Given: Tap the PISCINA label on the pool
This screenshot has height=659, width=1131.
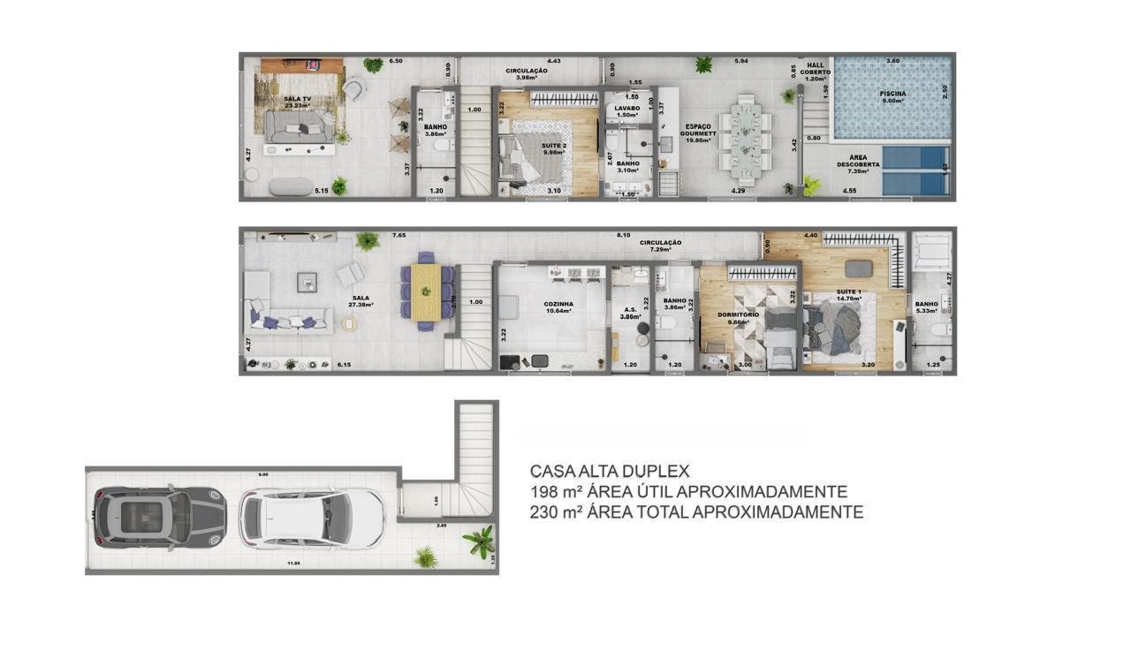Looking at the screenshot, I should click(892, 94).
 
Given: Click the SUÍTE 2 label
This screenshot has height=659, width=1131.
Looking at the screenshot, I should click(554, 147).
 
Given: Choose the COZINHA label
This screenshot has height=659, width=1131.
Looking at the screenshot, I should click(558, 307).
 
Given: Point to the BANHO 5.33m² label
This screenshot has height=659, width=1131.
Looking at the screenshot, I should click(926, 307).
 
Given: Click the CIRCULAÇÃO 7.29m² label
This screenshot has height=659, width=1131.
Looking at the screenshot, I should click(661, 246).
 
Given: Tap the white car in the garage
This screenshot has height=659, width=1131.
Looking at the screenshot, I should click(312, 519).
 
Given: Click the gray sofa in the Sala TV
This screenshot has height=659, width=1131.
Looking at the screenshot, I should click(300, 133).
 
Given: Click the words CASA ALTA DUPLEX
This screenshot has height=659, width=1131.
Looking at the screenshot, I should click(609, 472).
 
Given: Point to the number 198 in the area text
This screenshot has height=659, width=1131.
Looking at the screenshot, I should click(543, 492).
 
